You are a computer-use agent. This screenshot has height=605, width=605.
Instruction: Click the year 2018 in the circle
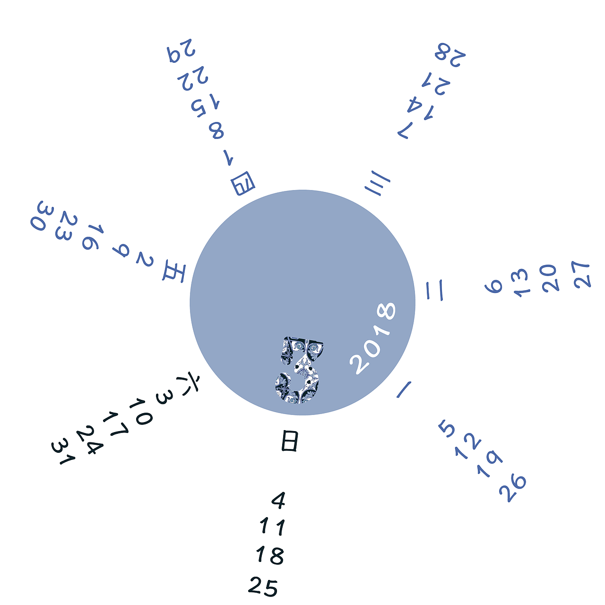click(372, 338)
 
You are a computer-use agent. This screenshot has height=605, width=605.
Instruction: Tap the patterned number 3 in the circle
click(298, 370)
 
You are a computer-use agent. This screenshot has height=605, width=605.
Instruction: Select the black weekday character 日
click(289, 441)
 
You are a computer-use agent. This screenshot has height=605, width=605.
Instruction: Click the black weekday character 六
click(189, 384)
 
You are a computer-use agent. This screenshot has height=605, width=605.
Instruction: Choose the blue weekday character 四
click(242, 183)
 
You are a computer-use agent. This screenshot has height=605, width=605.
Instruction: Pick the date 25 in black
click(263, 586)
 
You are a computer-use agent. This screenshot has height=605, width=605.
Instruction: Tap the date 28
click(450, 55)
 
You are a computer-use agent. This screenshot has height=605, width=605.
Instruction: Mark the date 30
click(42, 216)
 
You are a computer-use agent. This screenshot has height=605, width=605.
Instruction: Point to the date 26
click(512, 489)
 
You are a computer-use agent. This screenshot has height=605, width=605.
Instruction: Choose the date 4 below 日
click(278, 500)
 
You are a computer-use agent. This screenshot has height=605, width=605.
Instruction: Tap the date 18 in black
click(270, 555)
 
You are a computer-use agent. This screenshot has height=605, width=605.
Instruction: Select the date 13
click(520, 282)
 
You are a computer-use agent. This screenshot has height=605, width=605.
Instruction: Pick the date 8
click(216, 130)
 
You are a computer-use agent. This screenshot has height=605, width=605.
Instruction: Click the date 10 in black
click(140, 411)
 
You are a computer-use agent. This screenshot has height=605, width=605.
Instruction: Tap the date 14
click(420, 108)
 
